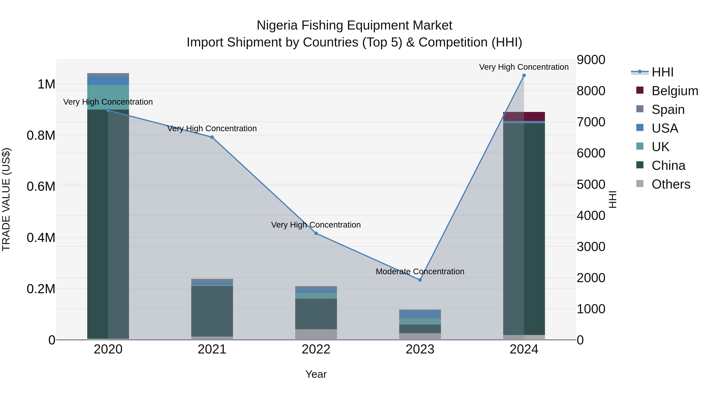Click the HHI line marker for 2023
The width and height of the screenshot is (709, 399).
pos(420,280)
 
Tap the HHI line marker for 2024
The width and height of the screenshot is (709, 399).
pos(524,75)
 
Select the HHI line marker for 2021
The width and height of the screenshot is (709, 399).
pos(212,137)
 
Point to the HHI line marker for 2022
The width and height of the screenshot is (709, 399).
pos(316,233)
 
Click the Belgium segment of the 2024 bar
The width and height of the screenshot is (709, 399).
pos(524,116)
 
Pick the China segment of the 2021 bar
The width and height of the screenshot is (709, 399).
pos(212,311)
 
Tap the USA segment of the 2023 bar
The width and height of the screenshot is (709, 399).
pos(420,314)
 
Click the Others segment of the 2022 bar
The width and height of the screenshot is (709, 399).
pos(316,334)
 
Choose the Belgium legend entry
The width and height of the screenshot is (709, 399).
pos(674,91)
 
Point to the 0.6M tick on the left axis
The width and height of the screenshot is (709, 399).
pos(41,186)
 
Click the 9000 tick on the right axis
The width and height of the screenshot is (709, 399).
pos(591,60)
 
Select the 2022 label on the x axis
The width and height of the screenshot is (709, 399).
pos(316,349)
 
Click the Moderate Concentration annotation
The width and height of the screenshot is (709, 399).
pos(420,272)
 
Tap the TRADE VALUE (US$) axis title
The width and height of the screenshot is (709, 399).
pos(6,199)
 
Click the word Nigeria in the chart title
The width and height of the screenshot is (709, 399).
pos(277,25)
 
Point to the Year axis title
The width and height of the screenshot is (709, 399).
pos(316,374)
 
